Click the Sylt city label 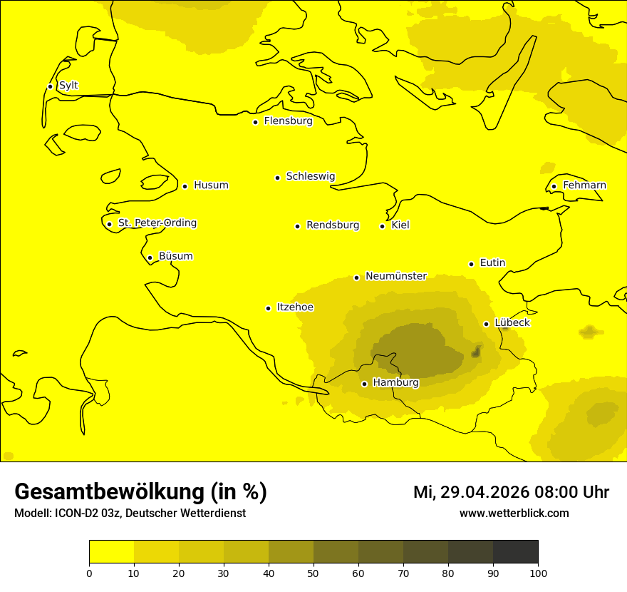(68, 86)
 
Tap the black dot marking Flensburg (255, 122)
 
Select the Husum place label (211, 185)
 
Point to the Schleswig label (310, 176)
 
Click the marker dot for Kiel (382, 226)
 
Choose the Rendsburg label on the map (333, 225)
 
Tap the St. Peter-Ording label (157, 223)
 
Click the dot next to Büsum (150, 257)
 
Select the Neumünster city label (395, 276)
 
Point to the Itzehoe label (295, 307)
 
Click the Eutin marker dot (471, 264)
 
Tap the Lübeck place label (512, 322)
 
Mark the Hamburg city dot (364, 384)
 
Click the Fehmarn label (584, 185)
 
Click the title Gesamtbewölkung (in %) (140, 492)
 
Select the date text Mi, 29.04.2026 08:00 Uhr (511, 492)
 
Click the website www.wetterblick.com (514, 514)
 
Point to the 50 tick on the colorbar (313, 573)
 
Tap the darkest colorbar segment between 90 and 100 (515, 551)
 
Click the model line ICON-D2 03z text (130, 514)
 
